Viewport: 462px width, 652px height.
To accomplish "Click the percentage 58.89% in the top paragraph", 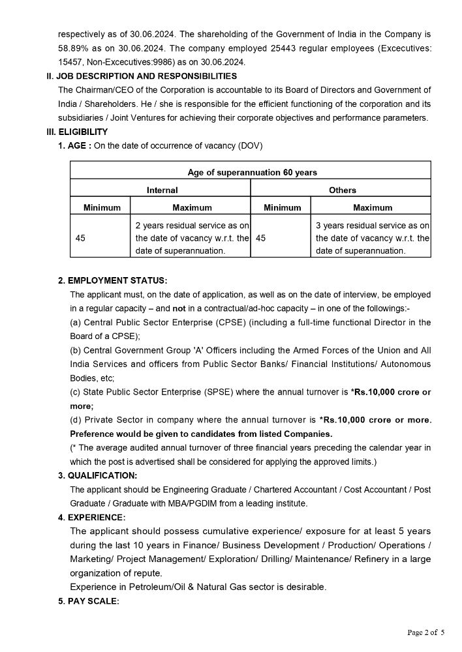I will point(72,48).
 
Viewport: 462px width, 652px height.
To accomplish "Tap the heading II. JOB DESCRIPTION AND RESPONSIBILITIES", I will point(136,76).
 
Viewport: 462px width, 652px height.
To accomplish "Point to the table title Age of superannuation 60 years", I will point(253,172).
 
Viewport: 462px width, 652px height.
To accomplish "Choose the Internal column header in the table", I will point(162,190).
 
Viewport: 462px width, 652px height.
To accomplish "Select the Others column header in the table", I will point(343,190).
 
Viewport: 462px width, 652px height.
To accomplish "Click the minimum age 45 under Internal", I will point(81,238).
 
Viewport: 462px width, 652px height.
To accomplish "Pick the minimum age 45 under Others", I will point(261,238).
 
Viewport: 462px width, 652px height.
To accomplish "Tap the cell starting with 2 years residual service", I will point(192,238).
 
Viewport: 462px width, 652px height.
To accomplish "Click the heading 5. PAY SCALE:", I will point(89,601).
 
